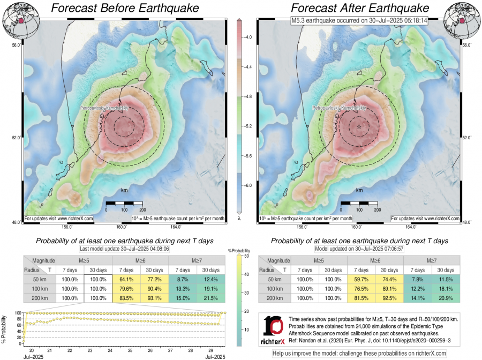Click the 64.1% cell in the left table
(x=126, y=280)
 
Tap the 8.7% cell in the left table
(x=183, y=280)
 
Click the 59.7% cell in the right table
(x=362, y=280)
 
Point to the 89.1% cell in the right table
(x=390, y=289)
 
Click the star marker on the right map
(x=358, y=126)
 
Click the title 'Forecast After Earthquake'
(x=360, y=8)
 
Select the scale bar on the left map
(x=124, y=204)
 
